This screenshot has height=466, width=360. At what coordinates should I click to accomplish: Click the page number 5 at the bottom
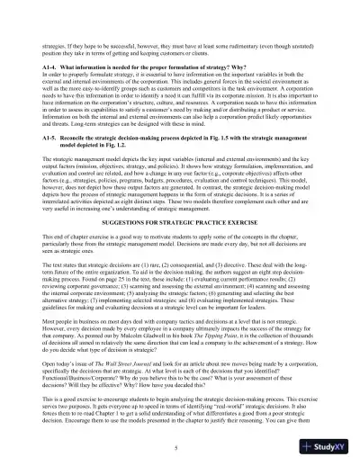180,448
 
